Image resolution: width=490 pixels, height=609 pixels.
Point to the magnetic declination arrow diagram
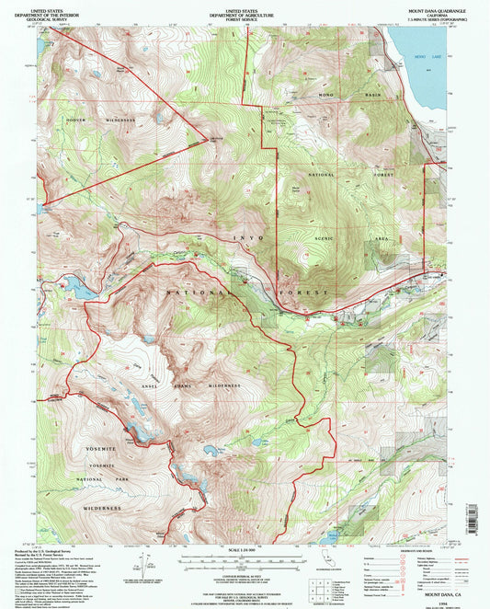pos(144,566)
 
